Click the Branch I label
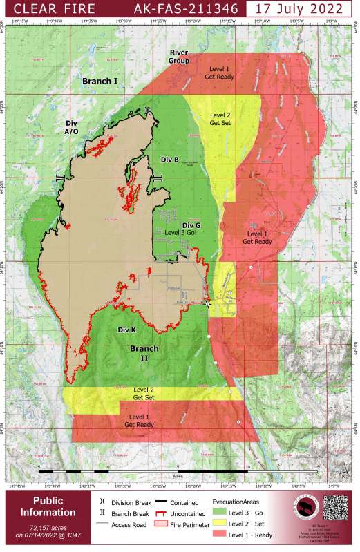tap(100, 82)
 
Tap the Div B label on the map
tap(170, 160)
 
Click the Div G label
tap(191, 225)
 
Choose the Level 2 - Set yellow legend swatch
tap(220, 526)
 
